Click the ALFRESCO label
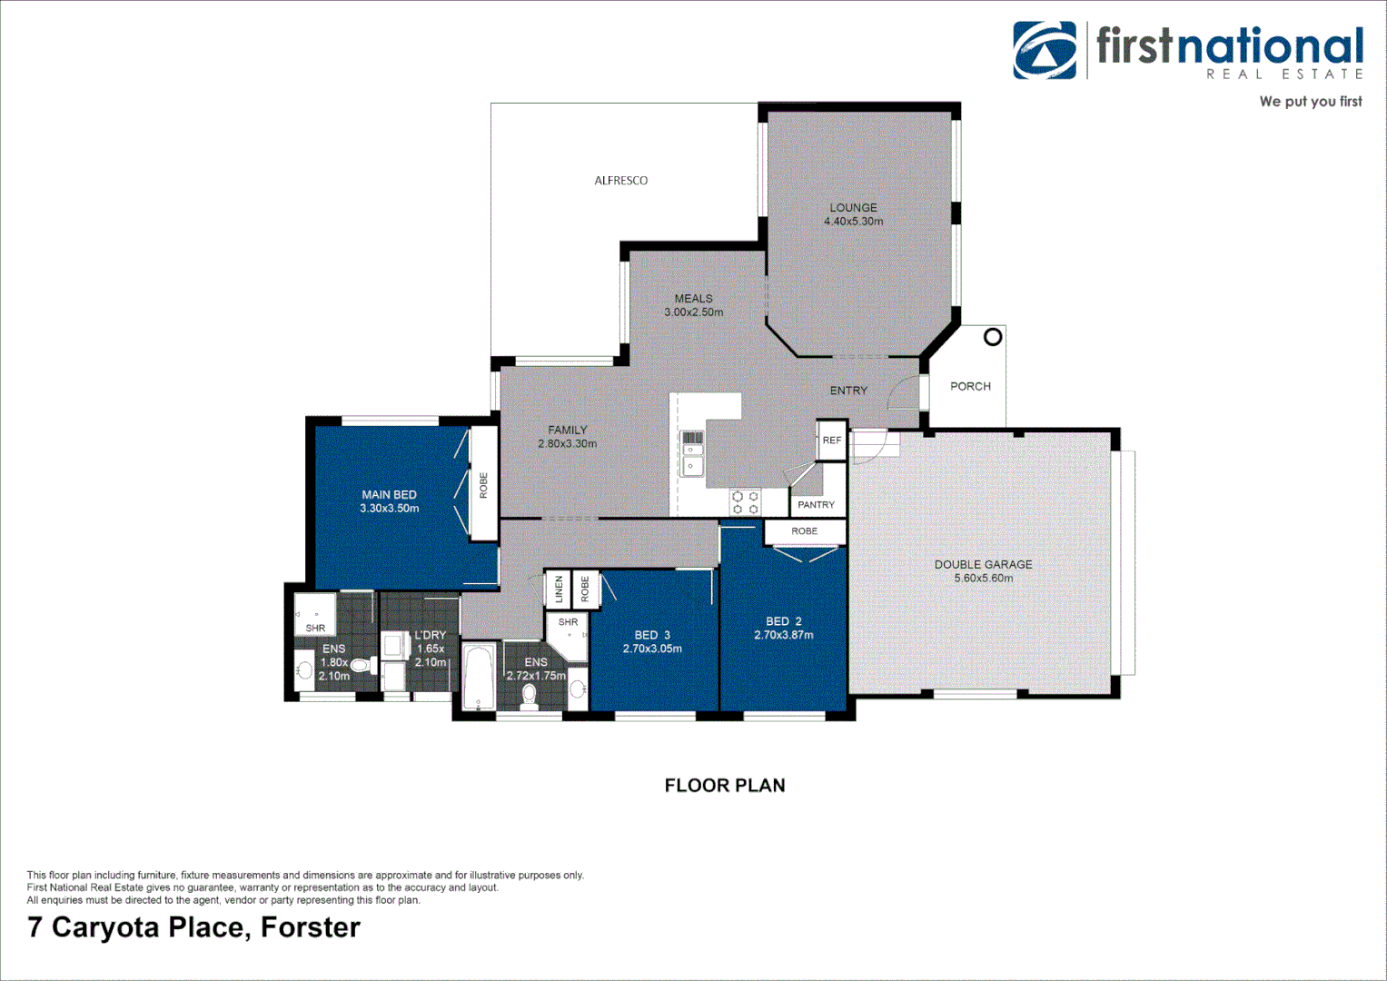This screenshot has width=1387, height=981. click(621, 181)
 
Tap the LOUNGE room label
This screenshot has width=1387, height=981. click(853, 207)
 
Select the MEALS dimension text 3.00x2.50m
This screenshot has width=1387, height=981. click(694, 312)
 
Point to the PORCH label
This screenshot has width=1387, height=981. click(970, 386)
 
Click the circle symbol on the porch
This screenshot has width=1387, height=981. click(993, 337)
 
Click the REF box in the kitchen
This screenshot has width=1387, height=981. click(832, 441)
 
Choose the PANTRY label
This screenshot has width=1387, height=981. click(816, 505)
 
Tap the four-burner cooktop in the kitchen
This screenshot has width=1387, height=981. click(745, 503)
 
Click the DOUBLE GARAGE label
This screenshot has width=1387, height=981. click(983, 564)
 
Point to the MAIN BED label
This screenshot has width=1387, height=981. click(389, 495)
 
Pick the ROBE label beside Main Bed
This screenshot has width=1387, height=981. click(483, 485)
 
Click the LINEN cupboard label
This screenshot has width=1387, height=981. click(559, 589)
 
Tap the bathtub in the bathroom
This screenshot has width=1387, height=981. click(478, 677)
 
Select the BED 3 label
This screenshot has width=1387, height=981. click(652, 635)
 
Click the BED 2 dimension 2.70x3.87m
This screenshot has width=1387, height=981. click(784, 636)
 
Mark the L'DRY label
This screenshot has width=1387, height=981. click(431, 635)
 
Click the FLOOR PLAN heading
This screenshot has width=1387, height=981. click(725, 786)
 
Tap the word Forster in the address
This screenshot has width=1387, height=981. click(311, 927)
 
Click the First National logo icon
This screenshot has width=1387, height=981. click(1045, 51)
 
